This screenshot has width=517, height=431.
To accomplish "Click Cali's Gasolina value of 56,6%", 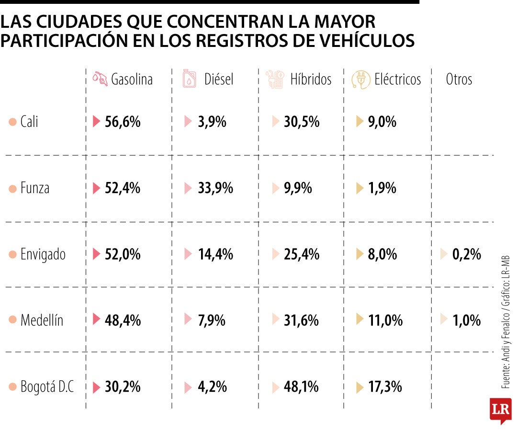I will tap(123, 122).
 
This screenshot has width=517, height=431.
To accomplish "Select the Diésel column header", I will tap(218, 79).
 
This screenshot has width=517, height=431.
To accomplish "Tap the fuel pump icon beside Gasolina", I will tap(100, 79).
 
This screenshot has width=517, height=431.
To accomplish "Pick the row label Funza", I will tap(34, 188).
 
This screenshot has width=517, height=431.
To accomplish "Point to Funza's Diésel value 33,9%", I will tap(215, 188).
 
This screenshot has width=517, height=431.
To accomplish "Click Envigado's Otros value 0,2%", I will tap(466, 254).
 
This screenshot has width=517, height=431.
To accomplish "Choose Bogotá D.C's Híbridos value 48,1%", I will tap(301, 386).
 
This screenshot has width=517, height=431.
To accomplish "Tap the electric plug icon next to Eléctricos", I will tap(360, 79).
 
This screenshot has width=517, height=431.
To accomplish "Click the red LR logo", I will tap(500, 409).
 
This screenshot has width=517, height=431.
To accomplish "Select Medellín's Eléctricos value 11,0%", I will tap(385, 320).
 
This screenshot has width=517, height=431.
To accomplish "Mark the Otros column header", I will tap(459, 79).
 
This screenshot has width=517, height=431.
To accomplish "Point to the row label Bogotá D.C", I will tap(47, 386).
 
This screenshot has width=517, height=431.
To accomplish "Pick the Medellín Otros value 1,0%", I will tap(466, 320).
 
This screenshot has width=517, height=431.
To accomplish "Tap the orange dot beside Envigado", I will tap(12, 255).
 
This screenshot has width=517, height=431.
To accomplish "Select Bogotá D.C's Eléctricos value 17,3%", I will tap(385, 386).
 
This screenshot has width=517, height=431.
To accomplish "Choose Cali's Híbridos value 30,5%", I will tap(301, 122).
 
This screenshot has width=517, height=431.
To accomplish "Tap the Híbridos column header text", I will tap(311, 79).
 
